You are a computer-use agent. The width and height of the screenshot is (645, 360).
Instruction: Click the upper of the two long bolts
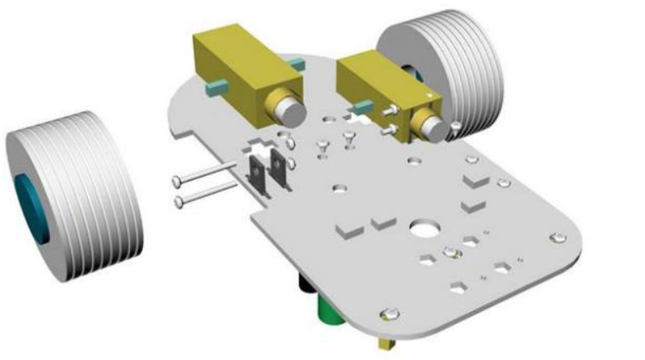pyautogui.click(x=203, y=179)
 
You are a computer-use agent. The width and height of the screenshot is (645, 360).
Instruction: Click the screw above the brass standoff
pyautogui.click(x=389, y=314)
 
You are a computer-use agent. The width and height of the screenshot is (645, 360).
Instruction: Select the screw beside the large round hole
pyautogui.click(x=451, y=250)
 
